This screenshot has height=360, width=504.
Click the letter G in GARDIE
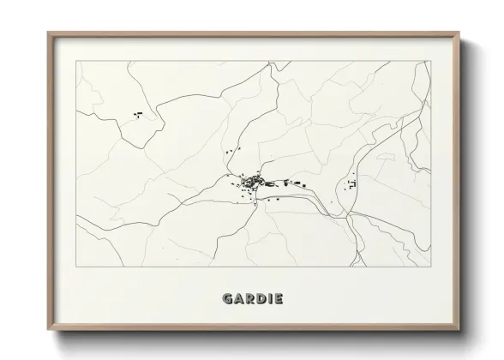pos(227,299)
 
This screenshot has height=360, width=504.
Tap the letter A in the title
pos(239,299)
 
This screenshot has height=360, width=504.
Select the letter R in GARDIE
pos(250,299)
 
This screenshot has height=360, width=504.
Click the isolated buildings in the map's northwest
pos(137,114)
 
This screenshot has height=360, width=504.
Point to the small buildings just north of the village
pos(230,152)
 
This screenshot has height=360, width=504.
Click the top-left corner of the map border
pos(76,61)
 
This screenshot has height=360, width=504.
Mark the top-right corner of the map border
pos(429,61)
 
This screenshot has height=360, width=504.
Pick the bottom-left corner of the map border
pos(76,267)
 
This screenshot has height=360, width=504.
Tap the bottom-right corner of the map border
pos(429,267)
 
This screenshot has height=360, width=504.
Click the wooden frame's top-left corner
pos(48,33)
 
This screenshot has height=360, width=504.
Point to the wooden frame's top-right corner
pos(459,33)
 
